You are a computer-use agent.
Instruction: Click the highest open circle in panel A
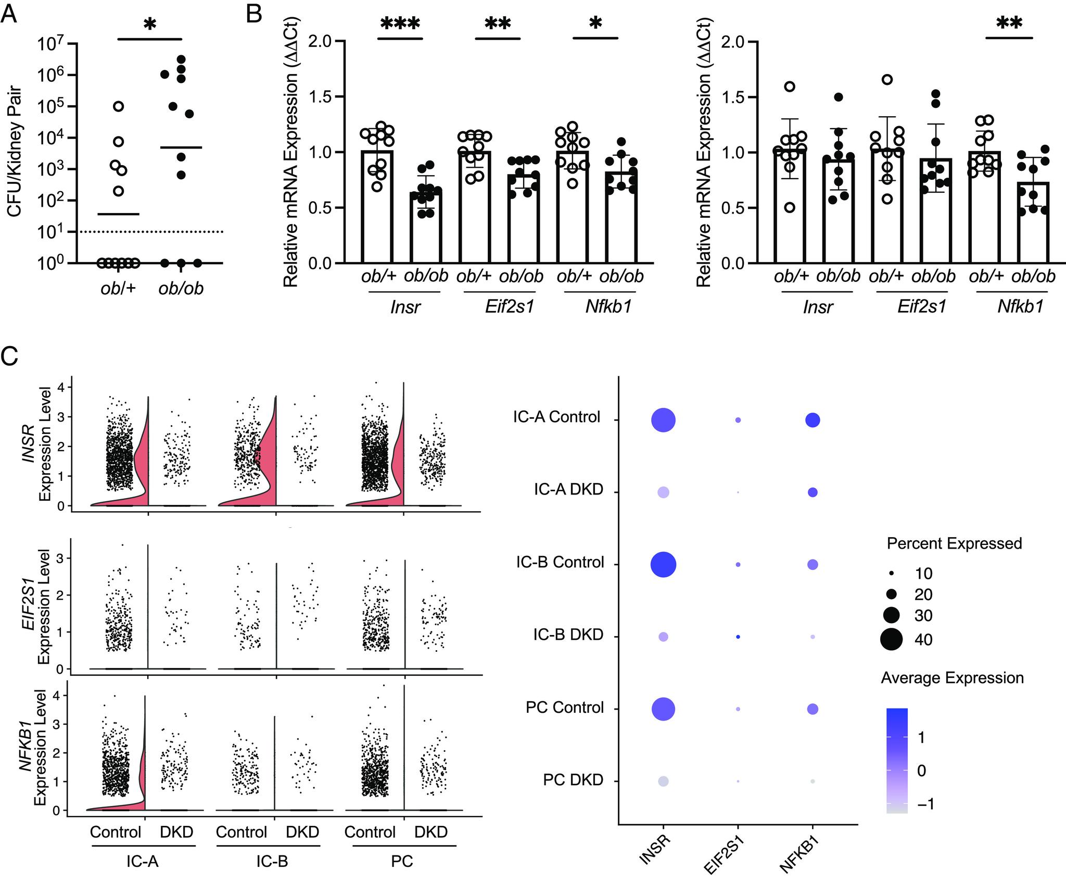coord(119,106)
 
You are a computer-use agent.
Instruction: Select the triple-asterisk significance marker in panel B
coord(400,23)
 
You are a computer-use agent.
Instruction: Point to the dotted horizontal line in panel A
coord(151,231)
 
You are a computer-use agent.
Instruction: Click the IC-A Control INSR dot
coord(663,420)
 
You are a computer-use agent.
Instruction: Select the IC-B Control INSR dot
coord(663,564)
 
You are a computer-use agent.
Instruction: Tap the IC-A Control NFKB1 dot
coord(813,420)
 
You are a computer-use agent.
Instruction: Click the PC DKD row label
coord(573,780)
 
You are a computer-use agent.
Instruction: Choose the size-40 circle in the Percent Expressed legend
coord(891,639)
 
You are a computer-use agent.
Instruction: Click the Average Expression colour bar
coord(897,761)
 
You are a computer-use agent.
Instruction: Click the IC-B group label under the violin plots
coord(272,861)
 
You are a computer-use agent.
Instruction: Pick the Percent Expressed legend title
coord(954,543)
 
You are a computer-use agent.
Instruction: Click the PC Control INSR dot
coord(663,709)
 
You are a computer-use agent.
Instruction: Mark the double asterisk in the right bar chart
coord(1009,24)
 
